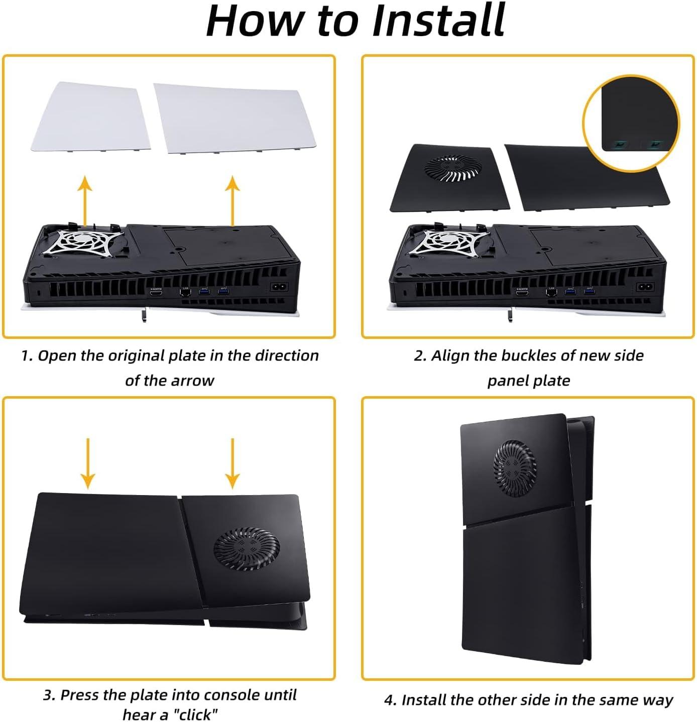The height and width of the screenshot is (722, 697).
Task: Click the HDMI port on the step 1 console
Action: [156, 293]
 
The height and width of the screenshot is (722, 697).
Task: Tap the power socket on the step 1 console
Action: [279, 287]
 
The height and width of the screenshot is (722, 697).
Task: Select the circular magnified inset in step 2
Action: [631, 124]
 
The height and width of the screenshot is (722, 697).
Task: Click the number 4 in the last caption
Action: [389, 700]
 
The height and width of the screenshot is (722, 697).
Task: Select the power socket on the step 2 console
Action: [645, 287]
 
